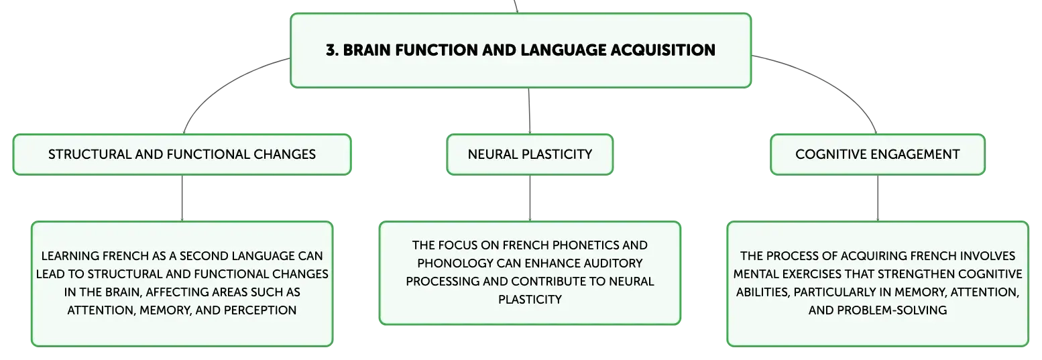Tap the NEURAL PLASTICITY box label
point(530,154)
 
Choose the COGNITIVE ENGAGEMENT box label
point(877,154)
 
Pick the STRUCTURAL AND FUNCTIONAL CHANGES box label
point(182,154)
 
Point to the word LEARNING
point(70,256)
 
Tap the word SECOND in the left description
point(204,256)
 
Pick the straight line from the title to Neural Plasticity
point(529,111)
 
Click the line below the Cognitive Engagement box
point(878,198)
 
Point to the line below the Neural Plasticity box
point(530,198)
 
